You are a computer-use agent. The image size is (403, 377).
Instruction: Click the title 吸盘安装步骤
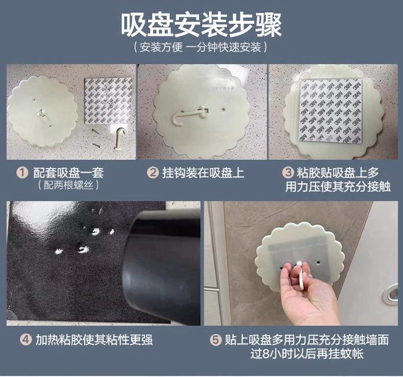pos(201,25)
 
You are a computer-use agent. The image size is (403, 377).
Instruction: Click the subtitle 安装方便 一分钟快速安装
pos(201,49)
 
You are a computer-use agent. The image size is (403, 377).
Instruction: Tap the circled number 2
pos(152,173)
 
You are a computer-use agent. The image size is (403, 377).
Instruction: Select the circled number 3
pos(289,173)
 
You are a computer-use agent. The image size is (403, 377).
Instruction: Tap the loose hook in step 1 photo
pos(119,138)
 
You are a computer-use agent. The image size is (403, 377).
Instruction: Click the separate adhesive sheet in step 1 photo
pos(109,100)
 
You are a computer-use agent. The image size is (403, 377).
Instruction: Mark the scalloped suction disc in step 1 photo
pos(43,112)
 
